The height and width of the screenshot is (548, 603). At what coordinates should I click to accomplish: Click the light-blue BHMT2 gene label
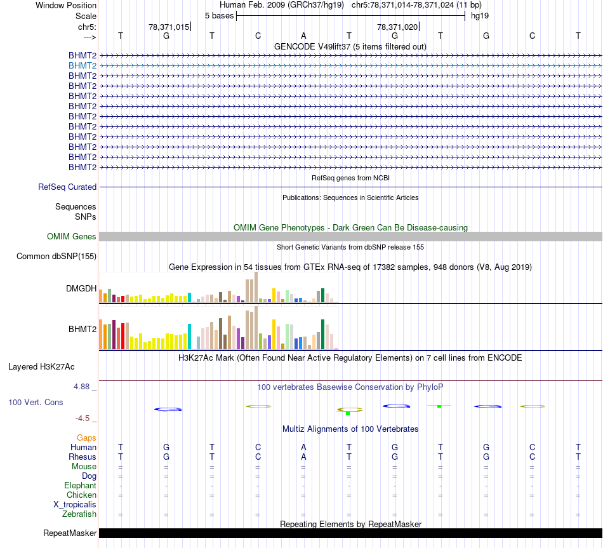[x=83, y=65]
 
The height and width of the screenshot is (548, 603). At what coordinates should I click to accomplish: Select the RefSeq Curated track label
[x=67, y=187]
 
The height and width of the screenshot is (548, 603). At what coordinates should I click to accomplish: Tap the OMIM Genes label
[x=72, y=237]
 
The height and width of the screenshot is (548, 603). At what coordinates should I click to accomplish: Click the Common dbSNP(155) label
[x=56, y=257]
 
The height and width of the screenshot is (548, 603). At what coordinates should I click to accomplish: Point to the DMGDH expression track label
[x=81, y=289]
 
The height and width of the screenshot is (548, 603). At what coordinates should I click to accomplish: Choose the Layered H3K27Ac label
[x=41, y=367]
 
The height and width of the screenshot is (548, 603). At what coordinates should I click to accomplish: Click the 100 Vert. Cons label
[x=36, y=403]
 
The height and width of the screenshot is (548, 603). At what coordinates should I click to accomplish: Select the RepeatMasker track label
[x=70, y=533]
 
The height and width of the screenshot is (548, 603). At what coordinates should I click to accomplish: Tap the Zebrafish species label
[x=79, y=514]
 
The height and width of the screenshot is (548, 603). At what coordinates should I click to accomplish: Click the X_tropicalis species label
[x=75, y=505]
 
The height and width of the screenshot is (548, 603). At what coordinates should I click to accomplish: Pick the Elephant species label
[x=81, y=486]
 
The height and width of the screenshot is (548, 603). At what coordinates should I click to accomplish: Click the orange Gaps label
[x=86, y=438]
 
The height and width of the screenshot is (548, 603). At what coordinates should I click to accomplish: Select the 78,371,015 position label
[x=169, y=27]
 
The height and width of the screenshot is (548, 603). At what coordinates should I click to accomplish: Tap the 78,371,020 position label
[x=397, y=27]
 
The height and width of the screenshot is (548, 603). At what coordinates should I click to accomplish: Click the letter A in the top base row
[x=303, y=36]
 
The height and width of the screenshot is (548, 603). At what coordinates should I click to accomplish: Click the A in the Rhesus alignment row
[x=303, y=457]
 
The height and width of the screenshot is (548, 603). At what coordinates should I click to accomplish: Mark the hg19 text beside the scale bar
[x=479, y=15]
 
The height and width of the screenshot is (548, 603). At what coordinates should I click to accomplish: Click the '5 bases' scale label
[x=219, y=15]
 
